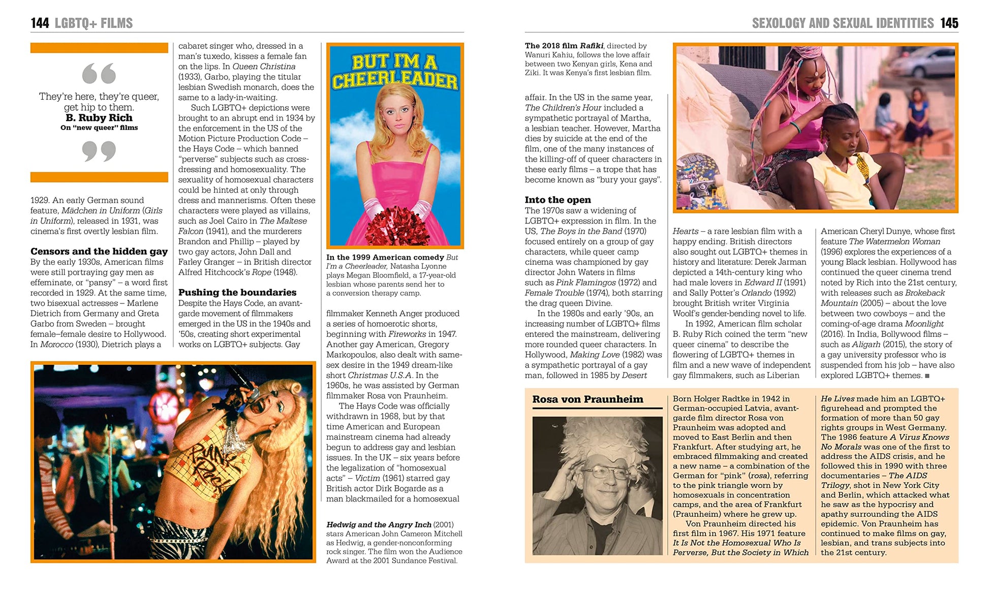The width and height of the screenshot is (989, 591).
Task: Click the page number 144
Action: (x=40, y=23)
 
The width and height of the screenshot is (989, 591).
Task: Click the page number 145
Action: (x=949, y=23)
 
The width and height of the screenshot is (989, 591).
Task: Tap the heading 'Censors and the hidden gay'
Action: (x=99, y=251)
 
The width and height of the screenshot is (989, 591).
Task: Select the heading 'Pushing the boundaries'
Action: (x=237, y=292)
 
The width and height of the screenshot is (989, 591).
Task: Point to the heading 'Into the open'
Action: (x=558, y=200)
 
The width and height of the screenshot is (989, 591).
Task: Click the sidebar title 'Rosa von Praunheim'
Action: (x=588, y=399)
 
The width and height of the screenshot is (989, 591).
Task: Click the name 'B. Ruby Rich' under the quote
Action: (x=99, y=117)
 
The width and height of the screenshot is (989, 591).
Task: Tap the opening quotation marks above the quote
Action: (x=99, y=74)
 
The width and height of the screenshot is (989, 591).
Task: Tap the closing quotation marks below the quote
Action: (x=99, y=151)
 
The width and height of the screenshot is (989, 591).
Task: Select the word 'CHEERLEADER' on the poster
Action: (x=395, y=80)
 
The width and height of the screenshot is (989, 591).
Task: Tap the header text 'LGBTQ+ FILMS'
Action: (x=94, y=23)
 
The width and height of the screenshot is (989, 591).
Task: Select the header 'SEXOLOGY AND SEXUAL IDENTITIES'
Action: (x=843, y=23)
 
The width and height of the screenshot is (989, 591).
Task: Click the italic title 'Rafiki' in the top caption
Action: (x=592, y=46)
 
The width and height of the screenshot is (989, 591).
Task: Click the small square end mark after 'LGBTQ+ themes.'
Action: (x=928, y=376)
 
